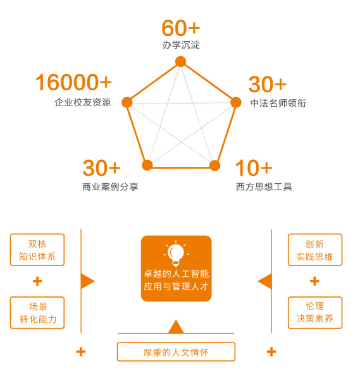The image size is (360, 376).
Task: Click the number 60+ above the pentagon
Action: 180,28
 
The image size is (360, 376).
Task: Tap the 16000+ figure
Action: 73,83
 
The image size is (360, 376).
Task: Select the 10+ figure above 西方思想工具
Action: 254,168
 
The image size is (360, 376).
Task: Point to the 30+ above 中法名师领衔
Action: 267,85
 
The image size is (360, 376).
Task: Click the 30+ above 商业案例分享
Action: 101,168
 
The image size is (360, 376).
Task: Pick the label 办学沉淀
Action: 181,45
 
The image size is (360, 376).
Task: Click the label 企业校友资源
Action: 83,102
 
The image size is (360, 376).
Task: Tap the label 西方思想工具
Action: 264,186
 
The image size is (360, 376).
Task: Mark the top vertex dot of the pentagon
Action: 180,61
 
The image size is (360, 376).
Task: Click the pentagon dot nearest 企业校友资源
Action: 127,102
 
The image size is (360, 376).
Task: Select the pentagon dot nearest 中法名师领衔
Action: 235,102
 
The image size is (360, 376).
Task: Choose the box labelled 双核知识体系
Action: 37,250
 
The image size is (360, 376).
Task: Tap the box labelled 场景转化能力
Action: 37,312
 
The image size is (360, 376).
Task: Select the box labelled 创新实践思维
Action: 314,250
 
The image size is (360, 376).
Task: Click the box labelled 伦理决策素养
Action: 314,312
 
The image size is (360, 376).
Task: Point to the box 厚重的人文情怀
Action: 176,352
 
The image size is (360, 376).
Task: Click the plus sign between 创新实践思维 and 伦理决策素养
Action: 314,281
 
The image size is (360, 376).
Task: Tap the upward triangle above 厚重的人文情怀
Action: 176,327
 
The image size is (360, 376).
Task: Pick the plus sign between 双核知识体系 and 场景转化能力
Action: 37,281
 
